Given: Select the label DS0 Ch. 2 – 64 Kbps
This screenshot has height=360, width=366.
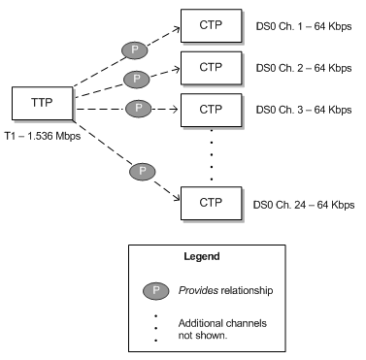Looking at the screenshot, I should point(301,69).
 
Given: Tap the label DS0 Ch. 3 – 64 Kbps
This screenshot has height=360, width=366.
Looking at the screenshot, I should point(301,110).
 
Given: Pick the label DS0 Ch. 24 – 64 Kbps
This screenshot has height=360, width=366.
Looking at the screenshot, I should point(303,205).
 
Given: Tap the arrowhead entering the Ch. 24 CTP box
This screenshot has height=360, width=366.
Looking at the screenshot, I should point(178,201).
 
